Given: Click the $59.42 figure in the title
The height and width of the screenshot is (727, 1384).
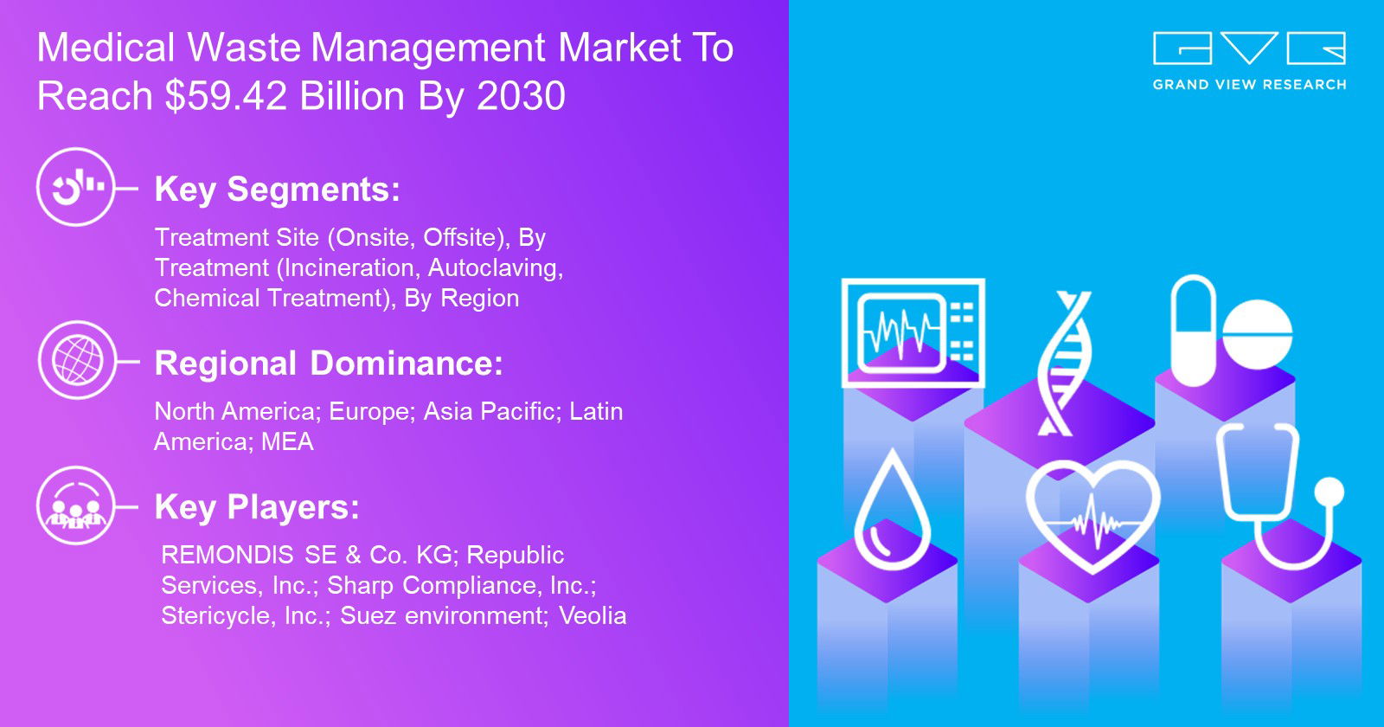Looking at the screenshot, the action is coord(226,96).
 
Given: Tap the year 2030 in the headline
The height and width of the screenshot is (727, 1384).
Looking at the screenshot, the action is coord(521,96).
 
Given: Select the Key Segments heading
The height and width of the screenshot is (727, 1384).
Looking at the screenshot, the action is coord(278,190).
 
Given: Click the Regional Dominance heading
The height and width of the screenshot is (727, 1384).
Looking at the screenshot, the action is coord(329,363).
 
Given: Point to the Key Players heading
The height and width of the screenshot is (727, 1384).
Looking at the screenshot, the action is coord(257,507).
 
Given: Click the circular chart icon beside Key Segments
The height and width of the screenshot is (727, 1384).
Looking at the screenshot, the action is coord(76,187).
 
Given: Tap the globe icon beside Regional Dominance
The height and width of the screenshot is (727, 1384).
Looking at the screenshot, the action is coord(77,360).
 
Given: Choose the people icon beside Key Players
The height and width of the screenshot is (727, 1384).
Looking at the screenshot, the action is coord(76,505).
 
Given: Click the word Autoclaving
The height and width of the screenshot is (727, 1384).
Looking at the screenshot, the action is coord(496,268).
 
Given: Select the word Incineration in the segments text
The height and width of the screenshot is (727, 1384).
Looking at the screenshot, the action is coord(346,267).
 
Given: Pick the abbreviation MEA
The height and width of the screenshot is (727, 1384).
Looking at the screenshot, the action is coord(287,442).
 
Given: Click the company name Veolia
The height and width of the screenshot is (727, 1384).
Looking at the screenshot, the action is coord(593,615).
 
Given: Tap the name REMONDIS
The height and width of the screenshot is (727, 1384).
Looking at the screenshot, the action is coord(227,555).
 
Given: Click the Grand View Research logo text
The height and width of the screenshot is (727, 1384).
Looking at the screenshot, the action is coord(1249,85).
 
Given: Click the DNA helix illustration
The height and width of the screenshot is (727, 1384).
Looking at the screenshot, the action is coord(1064,363).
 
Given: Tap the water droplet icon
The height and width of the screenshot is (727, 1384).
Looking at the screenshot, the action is coord(892,511).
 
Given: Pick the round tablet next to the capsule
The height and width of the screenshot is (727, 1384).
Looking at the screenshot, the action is coord(1258,334).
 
